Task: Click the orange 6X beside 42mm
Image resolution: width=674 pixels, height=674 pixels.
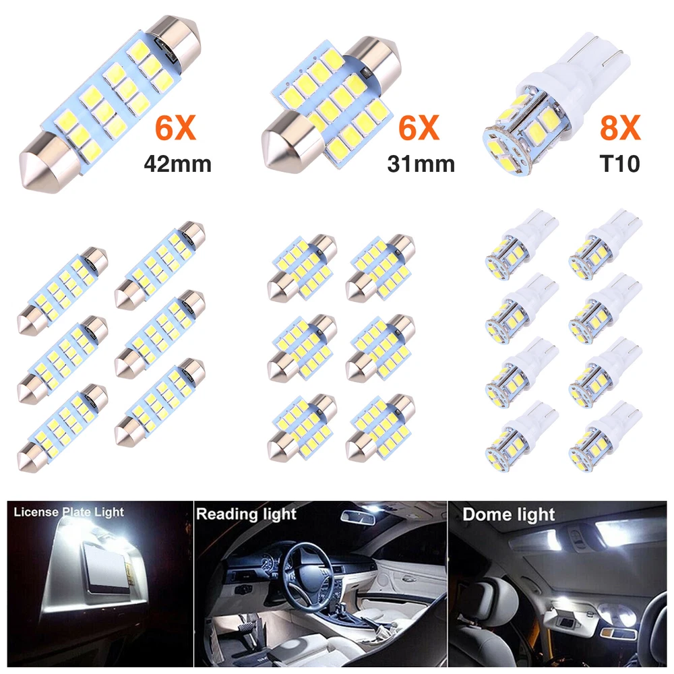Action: click(x=175, y=127)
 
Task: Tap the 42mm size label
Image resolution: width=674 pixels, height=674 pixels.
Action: click(x=177, y=164)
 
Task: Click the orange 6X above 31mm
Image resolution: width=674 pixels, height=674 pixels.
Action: click(x=419, y=127)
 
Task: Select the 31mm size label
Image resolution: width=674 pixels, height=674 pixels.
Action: click(x=421, y=164)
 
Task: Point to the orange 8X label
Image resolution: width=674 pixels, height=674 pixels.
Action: click(x=620, y=127)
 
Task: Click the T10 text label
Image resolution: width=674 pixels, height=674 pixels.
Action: click(x=619, y=164)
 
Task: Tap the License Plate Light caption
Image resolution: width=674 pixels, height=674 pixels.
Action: click(x=69, y=512)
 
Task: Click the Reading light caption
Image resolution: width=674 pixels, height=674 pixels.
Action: click(x=246, y=514)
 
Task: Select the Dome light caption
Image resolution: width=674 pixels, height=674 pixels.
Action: click(x=508, y=514)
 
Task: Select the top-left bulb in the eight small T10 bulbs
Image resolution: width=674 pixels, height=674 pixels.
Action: click(x=522, y=244)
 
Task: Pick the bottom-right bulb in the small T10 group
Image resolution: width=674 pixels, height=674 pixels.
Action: click(x=605, y=435)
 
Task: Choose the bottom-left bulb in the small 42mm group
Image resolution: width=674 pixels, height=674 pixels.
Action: click(x=62, y=428)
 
